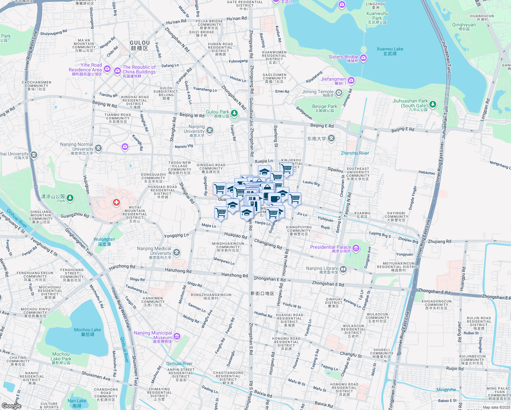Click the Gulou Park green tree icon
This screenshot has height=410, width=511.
coord(234,113)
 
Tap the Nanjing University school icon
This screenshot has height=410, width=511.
coord(210,130)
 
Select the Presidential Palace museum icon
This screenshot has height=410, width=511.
coord(356,248)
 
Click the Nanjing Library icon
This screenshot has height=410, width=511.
coord(343,270)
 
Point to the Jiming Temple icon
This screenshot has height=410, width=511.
coord(339,93)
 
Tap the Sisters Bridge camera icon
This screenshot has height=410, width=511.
coord(363,58)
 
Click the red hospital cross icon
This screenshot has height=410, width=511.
coord(116,203)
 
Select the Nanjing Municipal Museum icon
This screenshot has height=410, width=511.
coord(177,337)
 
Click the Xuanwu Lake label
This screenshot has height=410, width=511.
coord(390,51)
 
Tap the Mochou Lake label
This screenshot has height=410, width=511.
coord(87,332)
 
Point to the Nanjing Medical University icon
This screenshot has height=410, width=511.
coord(177,252)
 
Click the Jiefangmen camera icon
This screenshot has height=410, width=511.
coord(351,81)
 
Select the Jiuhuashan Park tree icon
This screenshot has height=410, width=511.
coord(433,104)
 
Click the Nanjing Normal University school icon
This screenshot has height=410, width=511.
coord(98,148)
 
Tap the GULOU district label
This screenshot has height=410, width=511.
coord(140,45)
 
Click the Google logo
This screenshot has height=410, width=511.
coord(12,406)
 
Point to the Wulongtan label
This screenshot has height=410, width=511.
coord(104,242)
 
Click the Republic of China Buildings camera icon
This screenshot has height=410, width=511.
coord(118,71)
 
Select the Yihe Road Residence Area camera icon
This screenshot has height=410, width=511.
coord(107,69)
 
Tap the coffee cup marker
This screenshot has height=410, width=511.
coord(274,198)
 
